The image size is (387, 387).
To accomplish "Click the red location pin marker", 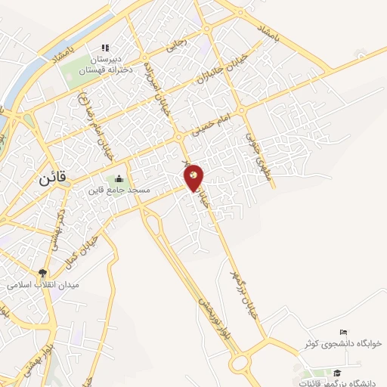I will point(194,178).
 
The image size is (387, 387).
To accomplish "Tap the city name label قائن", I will point(51,180).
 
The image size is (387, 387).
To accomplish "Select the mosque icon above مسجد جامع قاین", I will point(118,179).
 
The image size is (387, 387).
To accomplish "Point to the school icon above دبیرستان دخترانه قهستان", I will point(105,47).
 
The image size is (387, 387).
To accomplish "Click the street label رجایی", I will point(175,45).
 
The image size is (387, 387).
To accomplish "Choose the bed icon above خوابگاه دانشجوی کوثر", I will point(344,333).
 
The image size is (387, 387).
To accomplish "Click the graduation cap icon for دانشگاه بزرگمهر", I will point(338,373).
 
